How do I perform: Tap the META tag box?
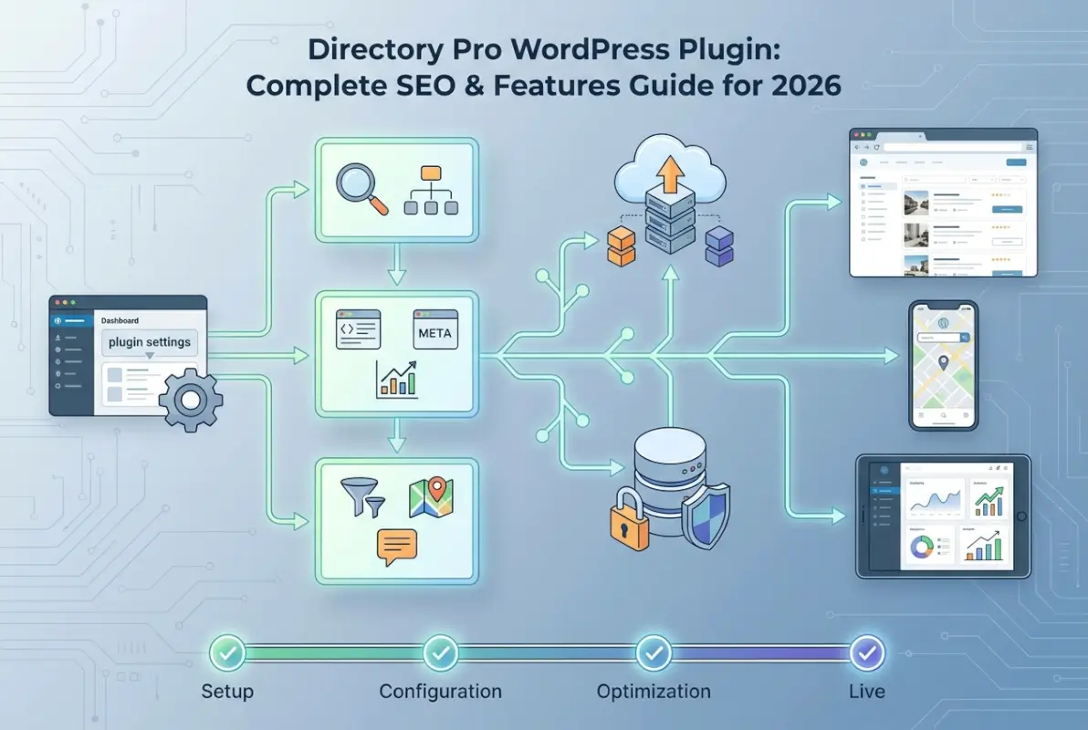434,333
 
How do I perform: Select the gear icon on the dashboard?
190,400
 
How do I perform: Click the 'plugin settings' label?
149,342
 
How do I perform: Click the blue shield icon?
705,516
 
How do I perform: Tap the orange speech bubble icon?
396,546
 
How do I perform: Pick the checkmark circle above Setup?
226,653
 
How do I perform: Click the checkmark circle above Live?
865,653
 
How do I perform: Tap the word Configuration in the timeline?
440,691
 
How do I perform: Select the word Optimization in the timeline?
654,691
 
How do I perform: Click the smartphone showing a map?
943,365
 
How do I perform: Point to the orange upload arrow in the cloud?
670,172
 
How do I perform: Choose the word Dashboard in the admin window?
120,321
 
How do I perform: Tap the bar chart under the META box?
397,379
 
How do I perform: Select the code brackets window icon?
358,328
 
